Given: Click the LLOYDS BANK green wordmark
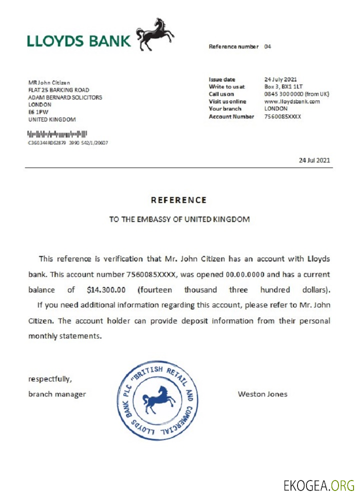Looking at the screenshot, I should pos(79,41).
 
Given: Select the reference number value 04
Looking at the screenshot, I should pos(267,46).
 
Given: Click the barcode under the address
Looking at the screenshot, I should pos(57,134).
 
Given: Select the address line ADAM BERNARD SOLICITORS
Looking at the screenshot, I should pos(65,97).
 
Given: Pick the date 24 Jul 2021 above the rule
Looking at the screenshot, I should pos(314,160).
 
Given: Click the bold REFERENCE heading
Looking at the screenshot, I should pos(178,200).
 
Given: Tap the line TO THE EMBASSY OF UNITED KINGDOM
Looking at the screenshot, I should pos(179,219).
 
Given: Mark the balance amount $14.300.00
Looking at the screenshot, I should pos(105,289).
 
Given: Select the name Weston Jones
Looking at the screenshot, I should pos(262,394).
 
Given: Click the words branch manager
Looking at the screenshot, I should pos(57,394).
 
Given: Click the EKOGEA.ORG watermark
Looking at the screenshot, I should pos(318,484).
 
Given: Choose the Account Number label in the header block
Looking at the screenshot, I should pos(231,116).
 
